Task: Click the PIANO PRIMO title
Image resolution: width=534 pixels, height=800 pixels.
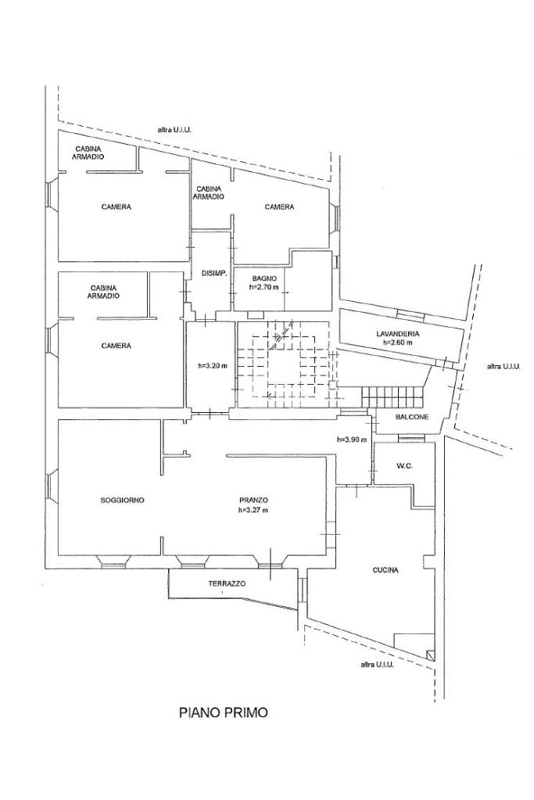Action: (x=224, y=712)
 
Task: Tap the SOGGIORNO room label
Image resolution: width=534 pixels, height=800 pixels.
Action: (x=123, y=500)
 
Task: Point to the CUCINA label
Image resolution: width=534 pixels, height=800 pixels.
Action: (x=385, y=570)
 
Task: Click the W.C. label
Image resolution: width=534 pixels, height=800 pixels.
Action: (x=403, y=466)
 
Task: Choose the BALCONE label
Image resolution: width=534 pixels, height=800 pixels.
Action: (x=412, y=417)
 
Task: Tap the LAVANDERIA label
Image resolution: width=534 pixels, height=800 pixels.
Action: (x=398, y=334)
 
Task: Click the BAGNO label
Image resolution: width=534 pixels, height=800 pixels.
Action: (x=264, y=278)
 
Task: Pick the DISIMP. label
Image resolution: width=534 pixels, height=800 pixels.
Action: (x=214, y=274)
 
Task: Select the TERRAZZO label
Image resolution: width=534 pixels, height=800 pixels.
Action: (x=227, y=583)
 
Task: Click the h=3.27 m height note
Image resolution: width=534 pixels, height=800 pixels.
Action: (x=253, y=509)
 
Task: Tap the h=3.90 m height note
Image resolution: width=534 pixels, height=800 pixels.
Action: (x=352, y=439)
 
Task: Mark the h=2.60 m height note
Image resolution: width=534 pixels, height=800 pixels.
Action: (x=398, y=343)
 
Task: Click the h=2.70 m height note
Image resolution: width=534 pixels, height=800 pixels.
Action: (x=264, y=287)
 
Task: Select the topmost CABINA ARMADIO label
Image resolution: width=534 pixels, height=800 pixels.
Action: (x=88, y=152)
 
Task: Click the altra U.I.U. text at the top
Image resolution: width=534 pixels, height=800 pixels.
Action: (x=174, y=130)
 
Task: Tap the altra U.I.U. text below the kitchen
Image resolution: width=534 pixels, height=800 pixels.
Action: (x=377, y=664)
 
